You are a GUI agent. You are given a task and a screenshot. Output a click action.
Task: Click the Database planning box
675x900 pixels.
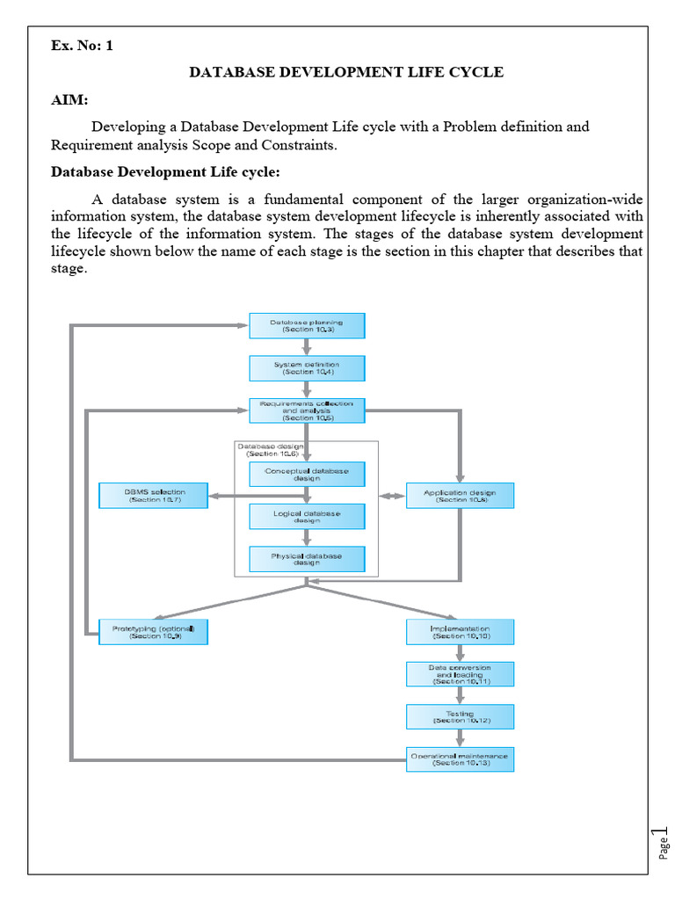coord(307,326)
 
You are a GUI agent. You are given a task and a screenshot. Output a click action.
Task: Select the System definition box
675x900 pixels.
coord(307,368)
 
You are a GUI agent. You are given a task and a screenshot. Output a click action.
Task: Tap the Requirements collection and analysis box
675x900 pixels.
coord(307,410)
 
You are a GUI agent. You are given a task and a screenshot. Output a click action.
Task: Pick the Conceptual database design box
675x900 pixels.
coord(307,475)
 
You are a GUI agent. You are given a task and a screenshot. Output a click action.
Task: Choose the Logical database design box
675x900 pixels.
coord(307,516)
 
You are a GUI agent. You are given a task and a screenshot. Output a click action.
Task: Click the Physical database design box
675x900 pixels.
coord(307,559)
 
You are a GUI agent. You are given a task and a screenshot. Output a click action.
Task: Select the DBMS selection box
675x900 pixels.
coord(154,496)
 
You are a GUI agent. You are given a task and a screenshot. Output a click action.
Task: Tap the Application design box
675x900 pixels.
coord(460,496)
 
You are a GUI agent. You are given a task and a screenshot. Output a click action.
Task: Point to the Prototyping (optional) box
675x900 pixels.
coord(154,632)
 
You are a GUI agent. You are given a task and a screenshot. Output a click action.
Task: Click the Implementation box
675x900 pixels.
coord(460,632)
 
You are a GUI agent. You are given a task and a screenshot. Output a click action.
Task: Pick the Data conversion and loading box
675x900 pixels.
coord(460,674)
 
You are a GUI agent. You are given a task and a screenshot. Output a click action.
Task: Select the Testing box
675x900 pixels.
coord(460,716)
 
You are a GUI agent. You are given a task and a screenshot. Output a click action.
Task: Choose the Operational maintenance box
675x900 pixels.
coord(460,758)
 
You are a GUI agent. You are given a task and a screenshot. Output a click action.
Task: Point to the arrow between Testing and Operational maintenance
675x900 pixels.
coord(460,738)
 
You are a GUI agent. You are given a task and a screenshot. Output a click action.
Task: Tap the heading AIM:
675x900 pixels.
coord(69,101)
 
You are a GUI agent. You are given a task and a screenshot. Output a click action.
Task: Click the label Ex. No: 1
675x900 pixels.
coord(82,47)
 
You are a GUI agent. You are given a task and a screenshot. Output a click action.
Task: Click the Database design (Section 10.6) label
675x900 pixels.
coord(270,450)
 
